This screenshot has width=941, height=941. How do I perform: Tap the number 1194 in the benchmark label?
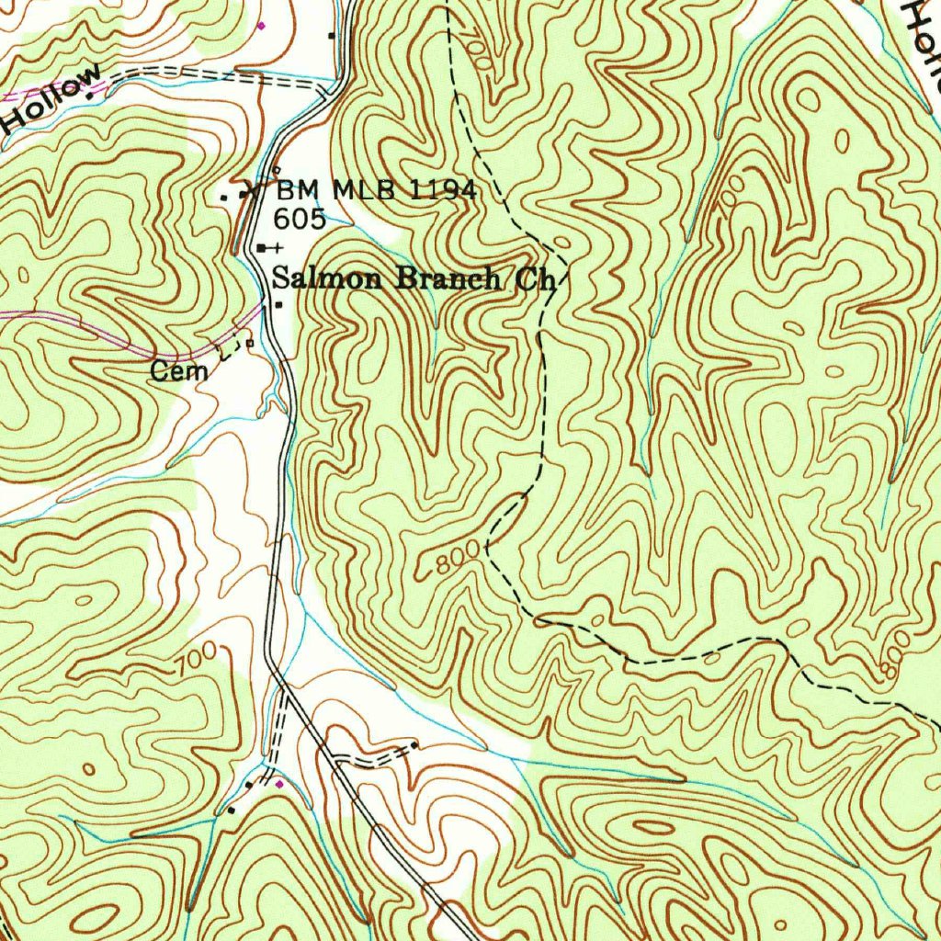coord(441,191)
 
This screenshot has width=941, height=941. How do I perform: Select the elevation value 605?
coord(300,219)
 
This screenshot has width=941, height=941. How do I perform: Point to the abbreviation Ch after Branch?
coord(536,280)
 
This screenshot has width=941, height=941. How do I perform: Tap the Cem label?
coord(179,372)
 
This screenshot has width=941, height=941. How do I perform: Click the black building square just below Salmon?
coord(278,305)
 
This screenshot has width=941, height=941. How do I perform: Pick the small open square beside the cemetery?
coord(248,344)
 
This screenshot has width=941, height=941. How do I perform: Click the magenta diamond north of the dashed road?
coord(260,26)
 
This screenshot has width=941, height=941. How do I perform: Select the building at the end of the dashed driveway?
coord(414,744)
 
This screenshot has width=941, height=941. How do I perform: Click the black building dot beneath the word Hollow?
coord(89,96)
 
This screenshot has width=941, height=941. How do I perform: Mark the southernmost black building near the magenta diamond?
coord(231,811)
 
